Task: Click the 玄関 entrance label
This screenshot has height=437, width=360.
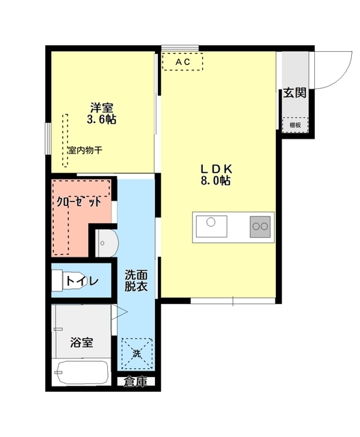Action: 295,94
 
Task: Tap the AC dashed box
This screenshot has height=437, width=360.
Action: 182,61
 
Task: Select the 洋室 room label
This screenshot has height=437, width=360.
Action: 101,107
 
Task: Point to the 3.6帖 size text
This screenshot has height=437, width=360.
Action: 101,119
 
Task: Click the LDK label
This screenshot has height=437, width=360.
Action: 217,169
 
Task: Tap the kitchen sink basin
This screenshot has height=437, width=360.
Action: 212,224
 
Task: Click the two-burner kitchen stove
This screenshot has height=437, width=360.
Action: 260,225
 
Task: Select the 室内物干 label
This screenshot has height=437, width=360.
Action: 85,150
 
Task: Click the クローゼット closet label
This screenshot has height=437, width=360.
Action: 79,202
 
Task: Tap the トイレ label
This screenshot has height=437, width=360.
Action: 83,280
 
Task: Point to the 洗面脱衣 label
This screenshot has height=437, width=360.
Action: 135,281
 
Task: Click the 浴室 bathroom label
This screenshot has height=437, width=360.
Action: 82,342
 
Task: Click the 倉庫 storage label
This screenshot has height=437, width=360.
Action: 135,382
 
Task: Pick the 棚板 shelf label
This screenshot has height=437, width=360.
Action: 294,125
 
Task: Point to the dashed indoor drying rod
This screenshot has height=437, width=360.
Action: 66,139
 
